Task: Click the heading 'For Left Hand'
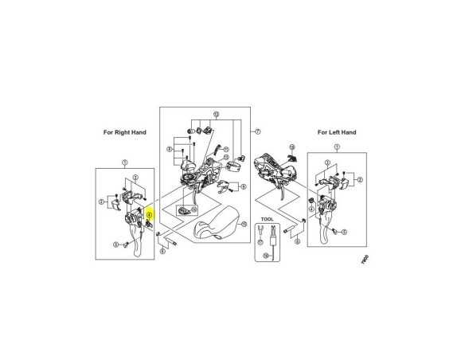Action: click(337, 132)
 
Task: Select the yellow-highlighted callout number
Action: click(150, 214)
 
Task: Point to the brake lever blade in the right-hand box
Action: click(139, 245)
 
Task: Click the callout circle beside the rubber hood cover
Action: click(243, 225)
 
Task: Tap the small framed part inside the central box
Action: click(188, 210)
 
